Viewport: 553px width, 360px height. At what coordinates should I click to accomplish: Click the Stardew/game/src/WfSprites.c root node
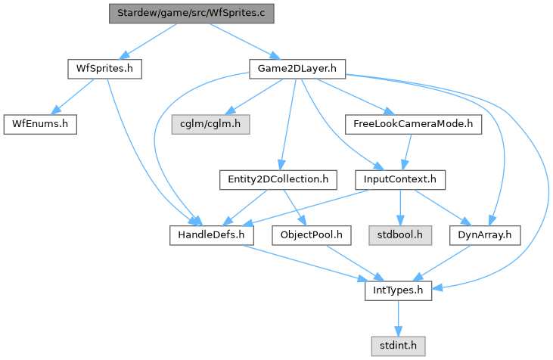pyautogui.click(x=191, y=13)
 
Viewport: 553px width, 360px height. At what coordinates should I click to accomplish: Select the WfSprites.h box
pyautogui.click(x=105, y=69)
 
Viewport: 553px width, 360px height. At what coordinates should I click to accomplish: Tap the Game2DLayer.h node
pyautogui.click(x=297, y=69)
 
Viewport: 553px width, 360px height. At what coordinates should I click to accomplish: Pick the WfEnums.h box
pyautogui.click(x=40, y=124)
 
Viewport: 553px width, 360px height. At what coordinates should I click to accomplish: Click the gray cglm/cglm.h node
pyautogui.click(x=210, y=124)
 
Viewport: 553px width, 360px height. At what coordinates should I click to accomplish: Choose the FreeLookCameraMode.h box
pyautogui.click(x=412, y=124)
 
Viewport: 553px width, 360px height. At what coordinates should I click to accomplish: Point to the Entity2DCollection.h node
pyautogui.click(x=278, y=179)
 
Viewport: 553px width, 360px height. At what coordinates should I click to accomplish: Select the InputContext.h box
pyautogui.click(x=400, y=179)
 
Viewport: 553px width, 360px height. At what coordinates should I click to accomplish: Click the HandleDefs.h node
pyautogui.click(x=211, y=235)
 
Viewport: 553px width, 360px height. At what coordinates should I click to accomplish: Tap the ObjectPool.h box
pyautogui.click(x=311, y=235)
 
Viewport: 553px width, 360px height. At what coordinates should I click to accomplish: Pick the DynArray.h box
pyautogui.click(x=485, y=235)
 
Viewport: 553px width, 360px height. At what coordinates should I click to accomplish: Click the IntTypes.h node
pyautogui.click(x=398, y=290)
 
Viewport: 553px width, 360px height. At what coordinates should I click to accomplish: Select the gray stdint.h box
pyautogui.click(x=398, y=346)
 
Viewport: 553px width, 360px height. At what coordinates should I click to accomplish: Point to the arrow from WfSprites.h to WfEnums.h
pyautogui.click(x=74, y=96)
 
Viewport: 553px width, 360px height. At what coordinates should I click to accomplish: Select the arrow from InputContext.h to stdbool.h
pyautogui.click(x=400, y=207)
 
